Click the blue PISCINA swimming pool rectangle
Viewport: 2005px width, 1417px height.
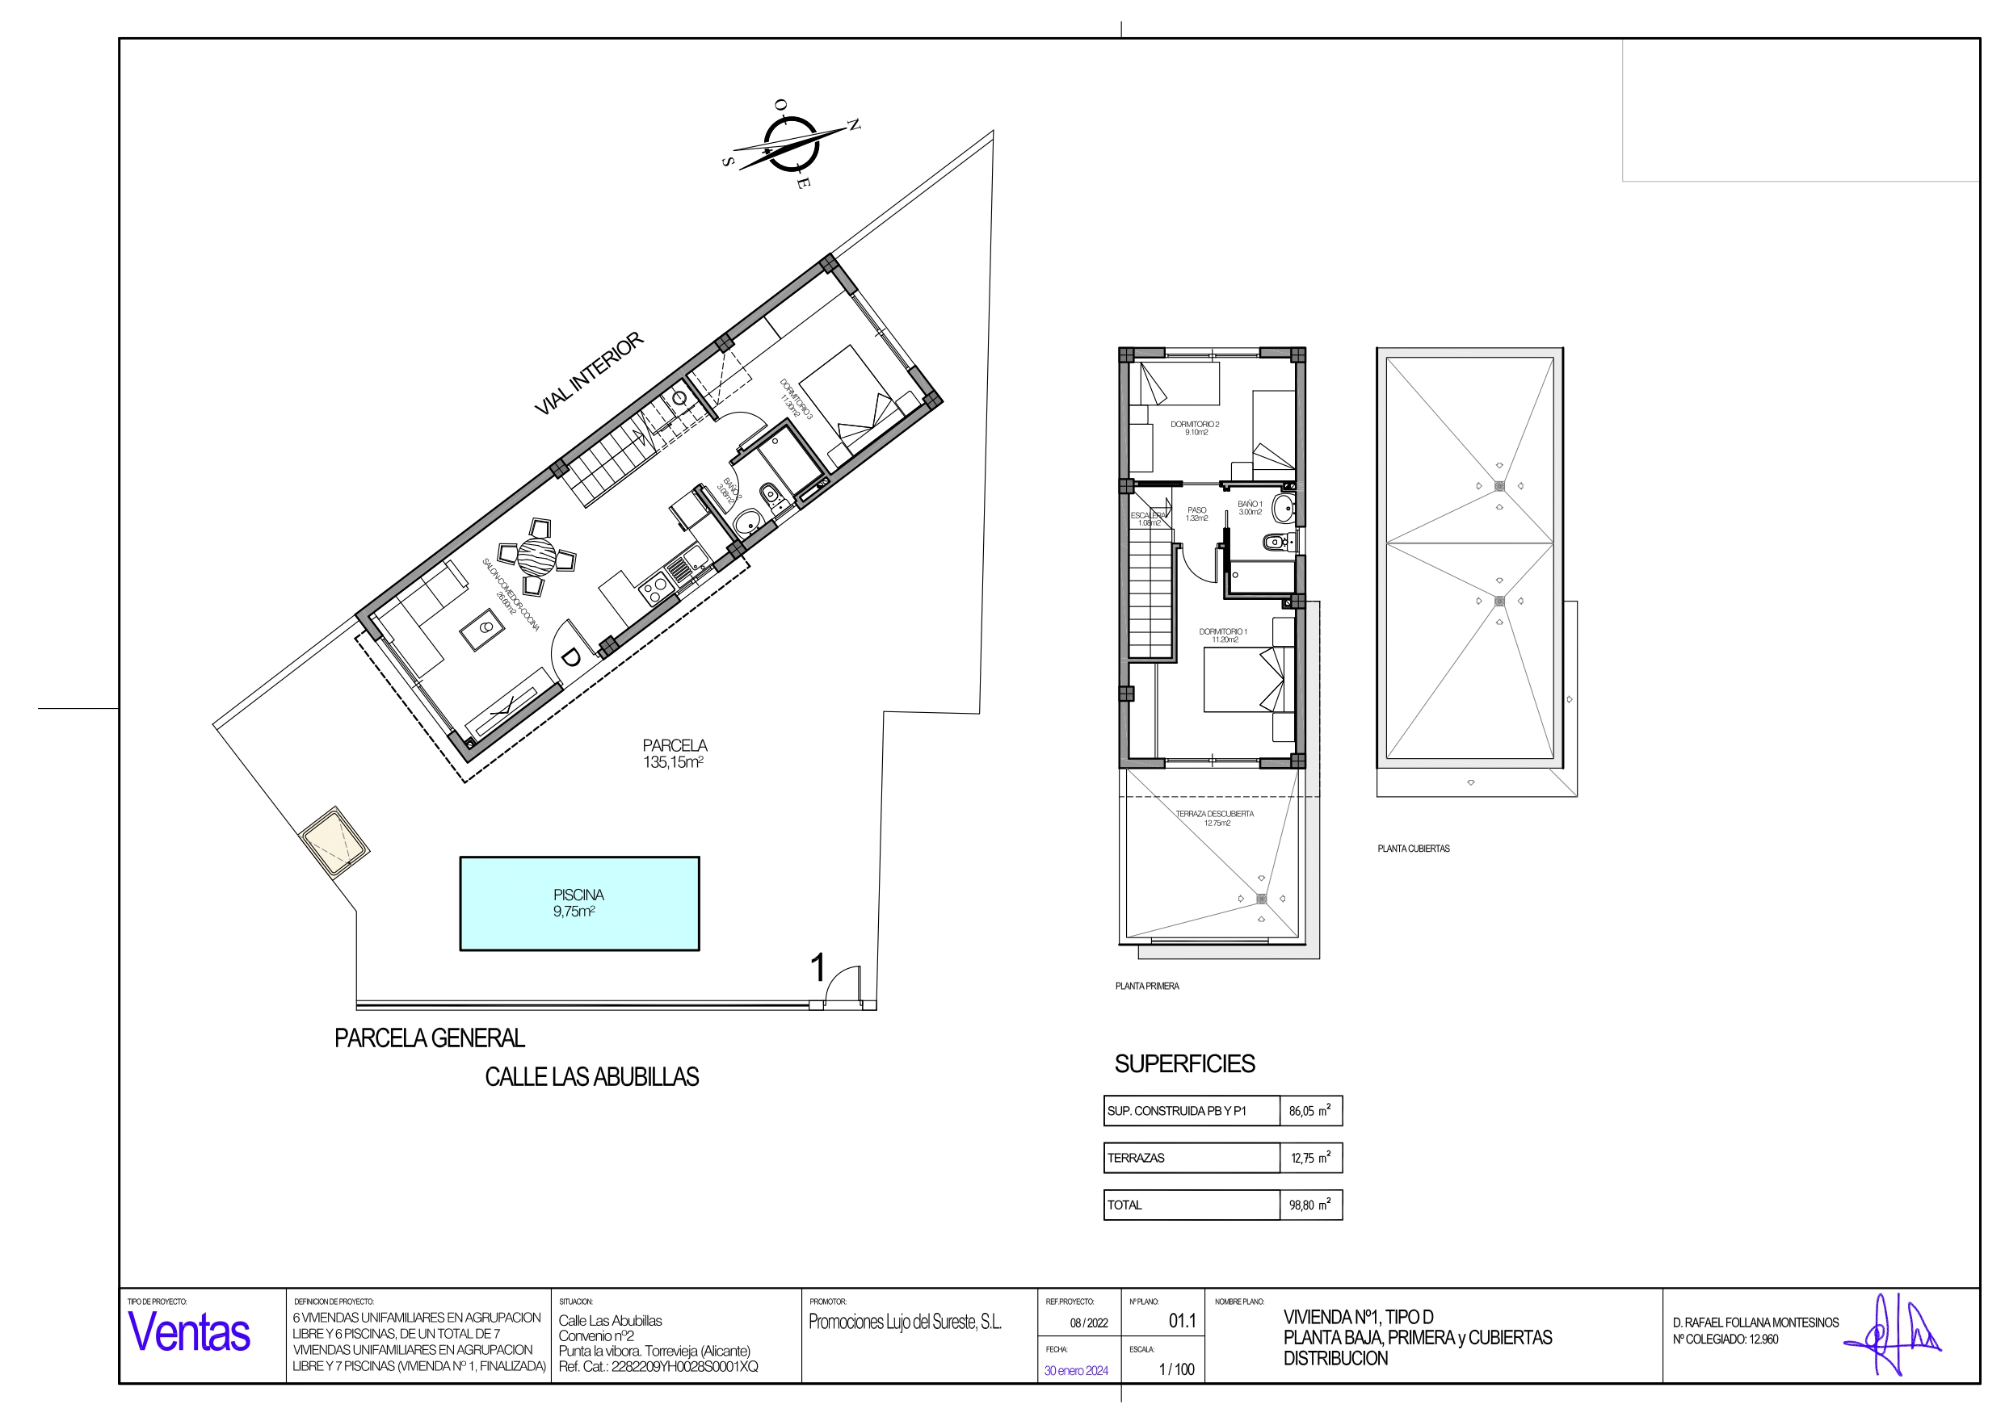pos(579,903)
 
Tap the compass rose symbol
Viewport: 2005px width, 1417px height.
pos(790,143)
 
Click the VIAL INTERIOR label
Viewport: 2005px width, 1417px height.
pos(589,373)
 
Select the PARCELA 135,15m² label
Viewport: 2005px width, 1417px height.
pos(675,753)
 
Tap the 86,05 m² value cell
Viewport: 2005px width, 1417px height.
pos(1310,1110)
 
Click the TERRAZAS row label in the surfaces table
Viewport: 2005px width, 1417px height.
pos(1136,1158)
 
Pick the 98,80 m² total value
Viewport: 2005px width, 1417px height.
pos(1310,1205)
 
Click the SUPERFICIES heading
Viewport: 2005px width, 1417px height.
pos(1184,1063)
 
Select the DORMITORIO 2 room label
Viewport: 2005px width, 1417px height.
pos(1195,428)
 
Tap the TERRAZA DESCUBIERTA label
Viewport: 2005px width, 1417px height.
pos(1215,817)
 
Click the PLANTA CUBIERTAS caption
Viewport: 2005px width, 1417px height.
pos(1413,848)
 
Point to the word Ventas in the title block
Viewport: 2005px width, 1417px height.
pos(190,1332)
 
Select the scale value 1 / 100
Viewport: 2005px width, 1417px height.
pos(1176,1369)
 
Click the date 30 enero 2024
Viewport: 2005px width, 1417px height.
pos(1076,1371)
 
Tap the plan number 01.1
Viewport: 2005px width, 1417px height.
pos(1183,1321)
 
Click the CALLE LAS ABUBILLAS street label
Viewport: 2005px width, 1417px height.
pos(591,1076)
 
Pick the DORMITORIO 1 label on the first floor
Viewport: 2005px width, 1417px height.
pos(1222,635)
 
